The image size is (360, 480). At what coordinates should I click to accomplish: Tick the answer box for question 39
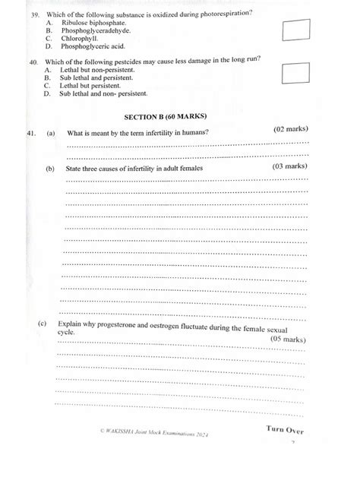point(296,30)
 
